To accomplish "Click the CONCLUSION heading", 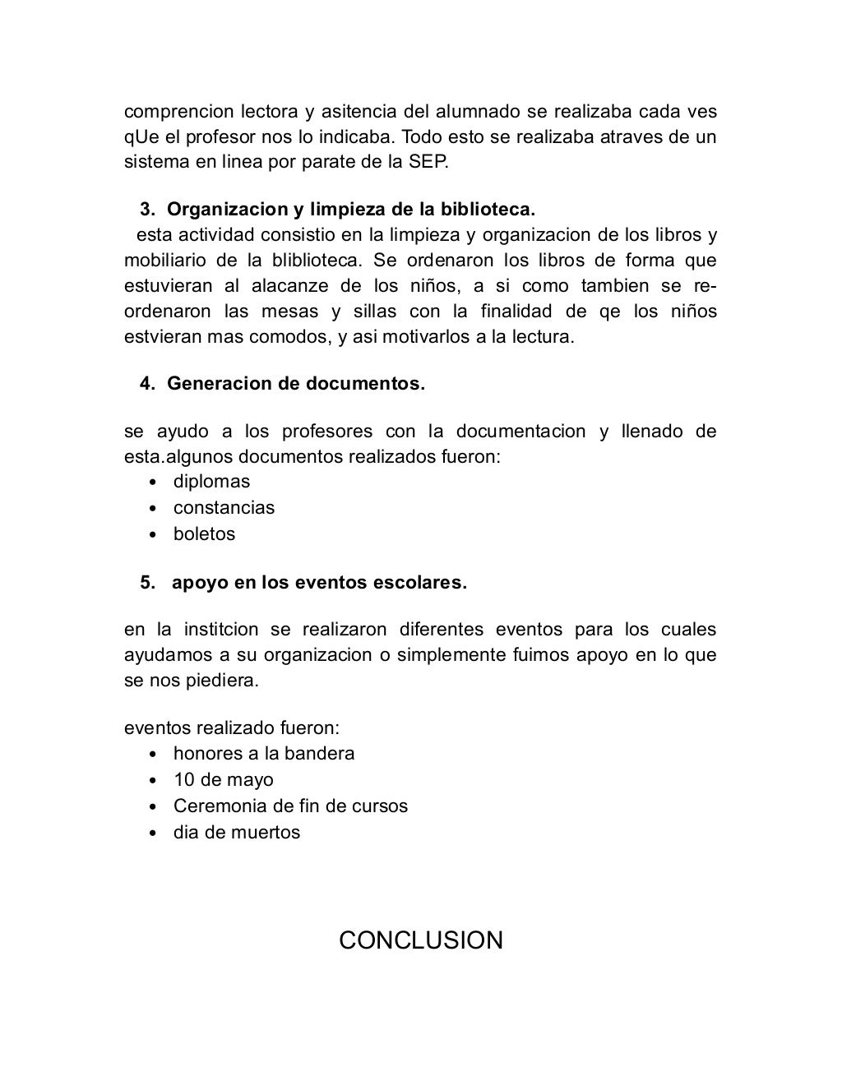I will pyautogui.click(x=421, y=940).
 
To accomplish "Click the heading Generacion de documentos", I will pyautogui.click(x=296, y=384).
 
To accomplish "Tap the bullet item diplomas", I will pyautogui.click(x=211, y=482).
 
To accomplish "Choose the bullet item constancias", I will pyautogui.click(x=224, y=508).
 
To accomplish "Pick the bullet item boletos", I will pyautogui.click(x=204, y=534).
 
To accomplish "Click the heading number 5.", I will pyautogui.click(x=148, y=583).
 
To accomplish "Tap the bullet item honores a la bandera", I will pyautogui.click(x=264, y=754).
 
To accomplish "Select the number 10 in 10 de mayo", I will pyautogui.click(x=183, y=780).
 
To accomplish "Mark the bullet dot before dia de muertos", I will pyautogui.click(x=153, y=834).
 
